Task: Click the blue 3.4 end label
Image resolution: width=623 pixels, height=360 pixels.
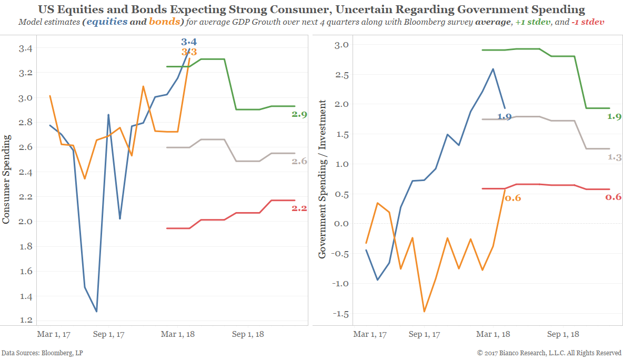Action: (188, 42)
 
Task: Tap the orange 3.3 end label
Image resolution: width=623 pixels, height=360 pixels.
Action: (189, 52)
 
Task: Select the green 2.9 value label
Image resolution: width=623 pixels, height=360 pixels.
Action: (299, 114)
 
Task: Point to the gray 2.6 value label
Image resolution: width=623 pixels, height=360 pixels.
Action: (299, 162)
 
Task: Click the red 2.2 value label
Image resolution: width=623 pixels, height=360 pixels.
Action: (299, 208)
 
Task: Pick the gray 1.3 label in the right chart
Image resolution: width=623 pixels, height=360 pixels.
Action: (614, 157)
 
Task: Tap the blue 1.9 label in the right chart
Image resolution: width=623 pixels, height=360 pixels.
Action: (504, 117)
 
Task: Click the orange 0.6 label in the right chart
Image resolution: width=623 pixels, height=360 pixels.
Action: (513, 198)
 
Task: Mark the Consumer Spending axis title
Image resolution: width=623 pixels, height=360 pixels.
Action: (6, 179)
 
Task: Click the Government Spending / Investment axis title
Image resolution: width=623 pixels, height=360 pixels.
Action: (322, 179)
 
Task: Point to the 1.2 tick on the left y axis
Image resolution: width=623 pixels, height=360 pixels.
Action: (25, 320)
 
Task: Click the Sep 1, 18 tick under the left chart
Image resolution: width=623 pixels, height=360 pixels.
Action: (247, 334)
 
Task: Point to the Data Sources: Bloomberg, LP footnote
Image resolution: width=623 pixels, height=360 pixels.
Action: (42, 353)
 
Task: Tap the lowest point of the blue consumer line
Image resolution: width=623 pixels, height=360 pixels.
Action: (96, 311)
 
